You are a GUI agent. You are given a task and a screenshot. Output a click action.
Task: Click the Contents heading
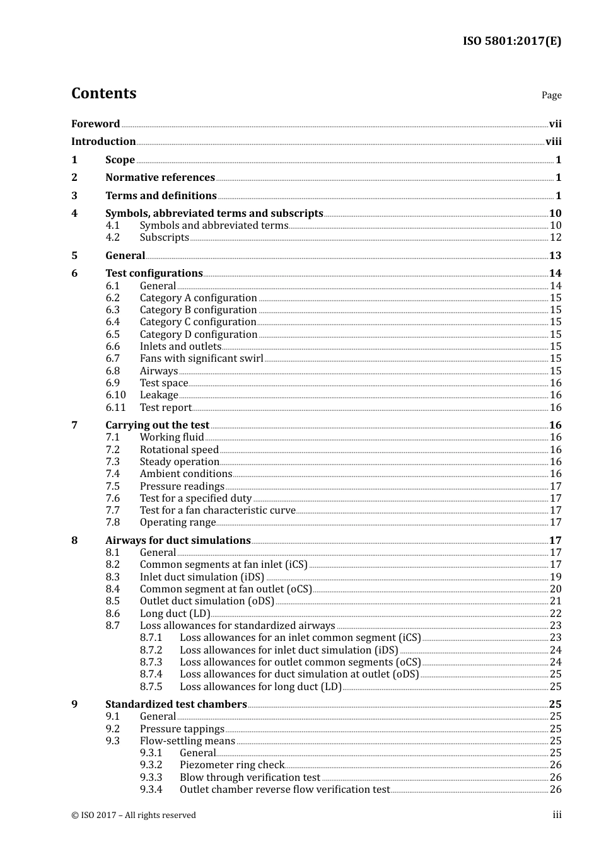[x=103, y=93]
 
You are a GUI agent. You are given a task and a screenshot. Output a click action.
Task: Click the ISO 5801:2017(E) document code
[x=511, y=42]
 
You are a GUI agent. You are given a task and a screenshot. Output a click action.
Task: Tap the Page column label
[x=551, y=95]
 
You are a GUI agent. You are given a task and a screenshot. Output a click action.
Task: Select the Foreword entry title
[x=95, y=124]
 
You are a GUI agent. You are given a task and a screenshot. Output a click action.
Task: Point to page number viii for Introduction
[x=553, y=142]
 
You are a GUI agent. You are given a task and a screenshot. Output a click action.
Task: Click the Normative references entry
[x=160, y=178]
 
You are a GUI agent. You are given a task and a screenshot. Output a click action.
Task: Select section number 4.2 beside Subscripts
[x=113, y=238]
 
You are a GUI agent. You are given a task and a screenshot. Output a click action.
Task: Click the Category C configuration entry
[x=198, y=322]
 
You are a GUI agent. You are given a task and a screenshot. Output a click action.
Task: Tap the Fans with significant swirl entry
[x=201, y=359]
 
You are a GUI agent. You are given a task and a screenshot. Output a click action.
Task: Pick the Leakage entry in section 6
[x=159, y=395]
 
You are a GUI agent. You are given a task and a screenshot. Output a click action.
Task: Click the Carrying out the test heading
[x=157, y=425]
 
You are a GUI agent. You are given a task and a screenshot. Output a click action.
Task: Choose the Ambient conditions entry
[x=186, y=474]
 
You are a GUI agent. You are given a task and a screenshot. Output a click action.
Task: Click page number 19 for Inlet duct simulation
[x=555, y=577]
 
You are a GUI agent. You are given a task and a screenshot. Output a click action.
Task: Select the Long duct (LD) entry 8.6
[x=175, y=614]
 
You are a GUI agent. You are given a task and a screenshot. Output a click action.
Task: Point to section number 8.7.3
[x=151, y=662]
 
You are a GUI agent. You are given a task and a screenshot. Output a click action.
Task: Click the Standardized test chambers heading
[x=176, y=705]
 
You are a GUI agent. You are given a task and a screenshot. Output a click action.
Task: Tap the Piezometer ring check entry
[x=232, y=765]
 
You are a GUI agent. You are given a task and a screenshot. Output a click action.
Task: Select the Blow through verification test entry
[x=250, y=778]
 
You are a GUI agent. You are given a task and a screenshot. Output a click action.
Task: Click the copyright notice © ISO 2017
[x=134, y=815]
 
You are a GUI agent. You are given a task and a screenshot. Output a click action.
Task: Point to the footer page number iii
[x=557, y=815]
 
